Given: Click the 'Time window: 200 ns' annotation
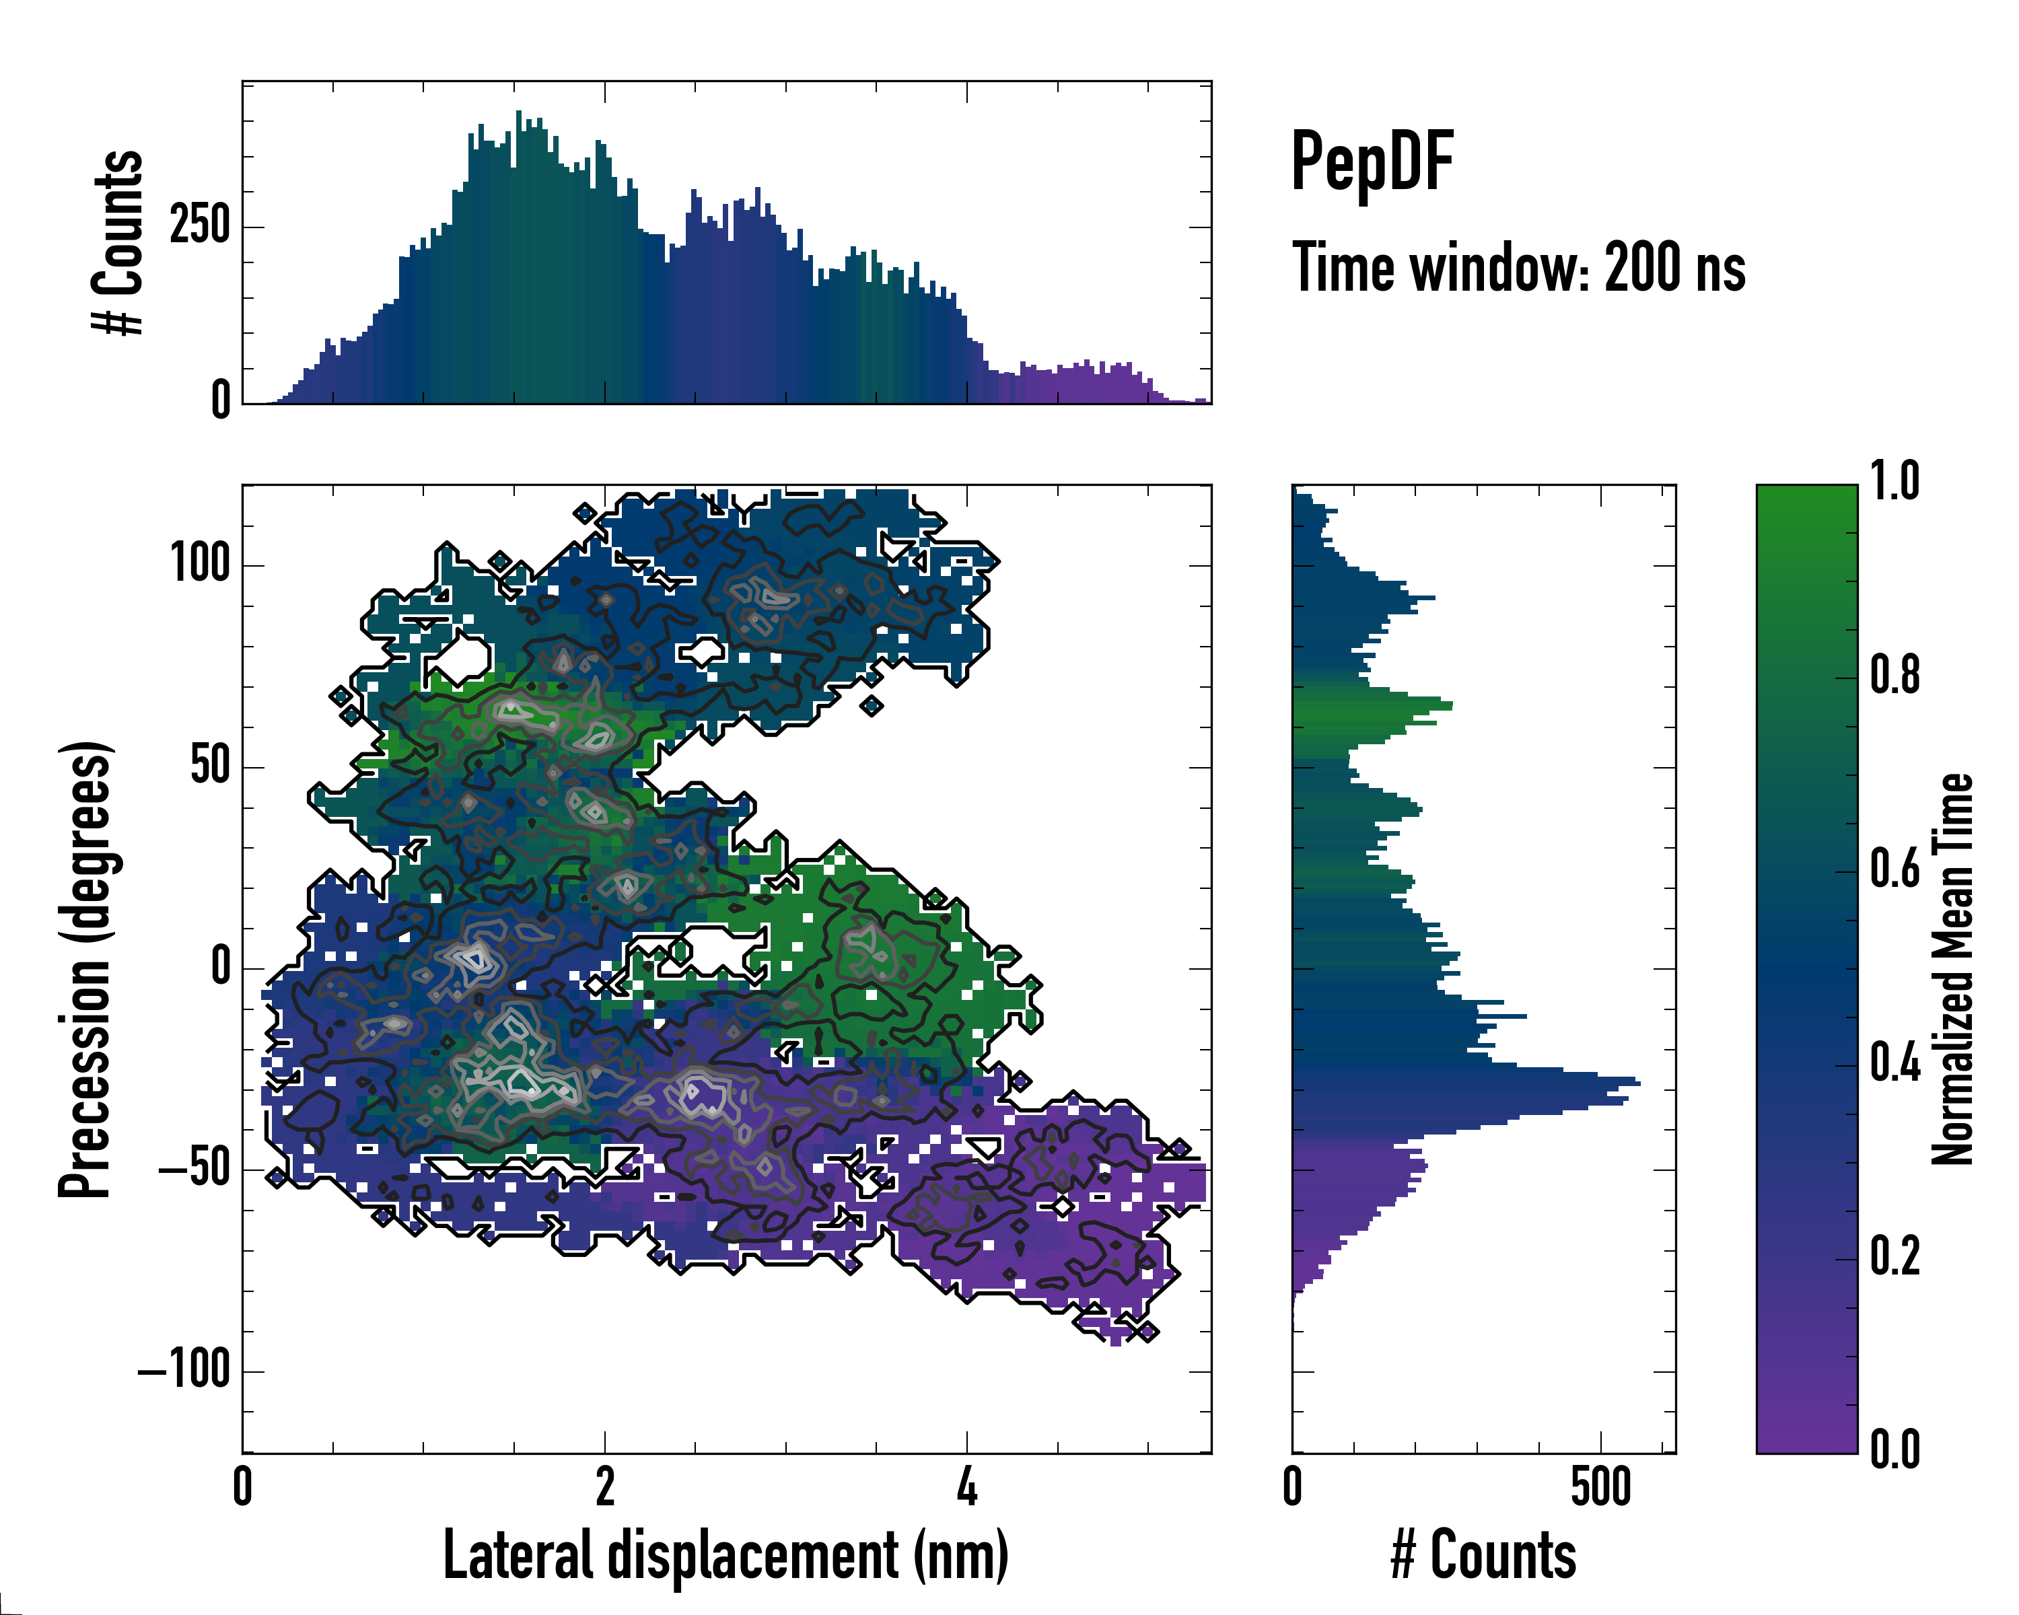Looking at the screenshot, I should [1518, 268].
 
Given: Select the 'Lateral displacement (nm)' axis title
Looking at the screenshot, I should [725, 1555].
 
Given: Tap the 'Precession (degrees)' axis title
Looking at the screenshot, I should [86, 969].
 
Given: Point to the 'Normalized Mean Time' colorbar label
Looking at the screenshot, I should [1952, 969].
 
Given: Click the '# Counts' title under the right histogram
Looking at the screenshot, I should [1483, 1555].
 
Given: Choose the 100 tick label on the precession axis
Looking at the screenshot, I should [199, 565].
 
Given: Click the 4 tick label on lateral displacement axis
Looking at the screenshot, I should [967, 1486].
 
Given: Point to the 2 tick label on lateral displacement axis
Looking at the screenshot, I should [605, 1486].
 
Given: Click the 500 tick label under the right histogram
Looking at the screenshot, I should [1600, 1486].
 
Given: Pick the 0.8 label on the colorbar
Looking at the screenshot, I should [1894, 675].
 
